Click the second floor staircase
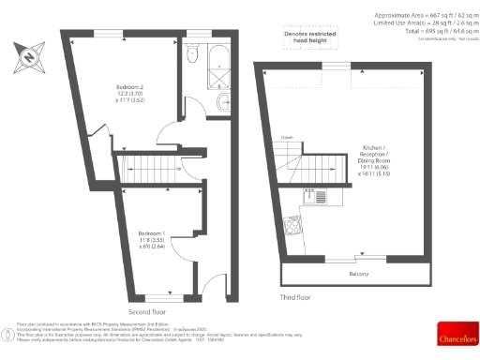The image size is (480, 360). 149,171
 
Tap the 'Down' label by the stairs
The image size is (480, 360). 287,137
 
